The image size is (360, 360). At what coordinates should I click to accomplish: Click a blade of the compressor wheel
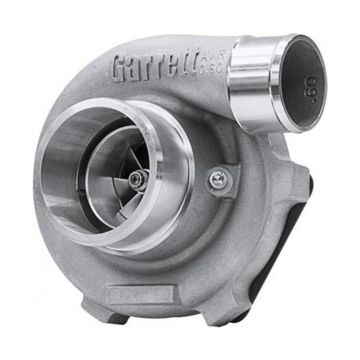click(150, 165)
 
